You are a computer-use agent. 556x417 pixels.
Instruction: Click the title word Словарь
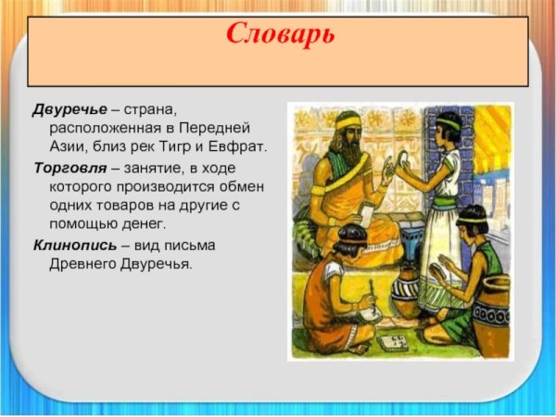point(280,36)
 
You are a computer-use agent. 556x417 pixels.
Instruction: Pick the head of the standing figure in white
point(449,126)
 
